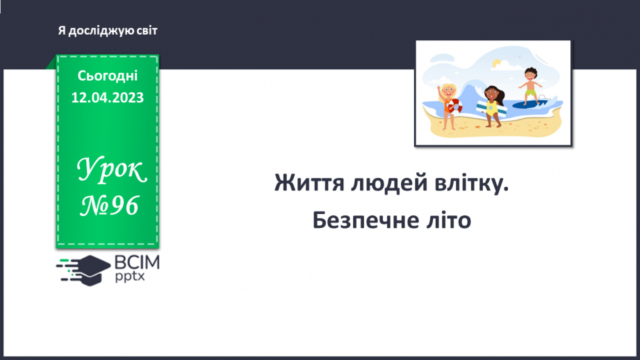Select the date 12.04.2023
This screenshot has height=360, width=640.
pyautogui.click(x=108, y=98)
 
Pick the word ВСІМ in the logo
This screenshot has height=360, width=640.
pyautogui.click(x=138, y=262)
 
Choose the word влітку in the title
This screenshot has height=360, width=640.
pyautogui.click(x=465, y=184)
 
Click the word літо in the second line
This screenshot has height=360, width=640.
pyautogui.click(x=449, y=220)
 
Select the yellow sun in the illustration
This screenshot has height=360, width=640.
pyautogui.click(x=495, y=64)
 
